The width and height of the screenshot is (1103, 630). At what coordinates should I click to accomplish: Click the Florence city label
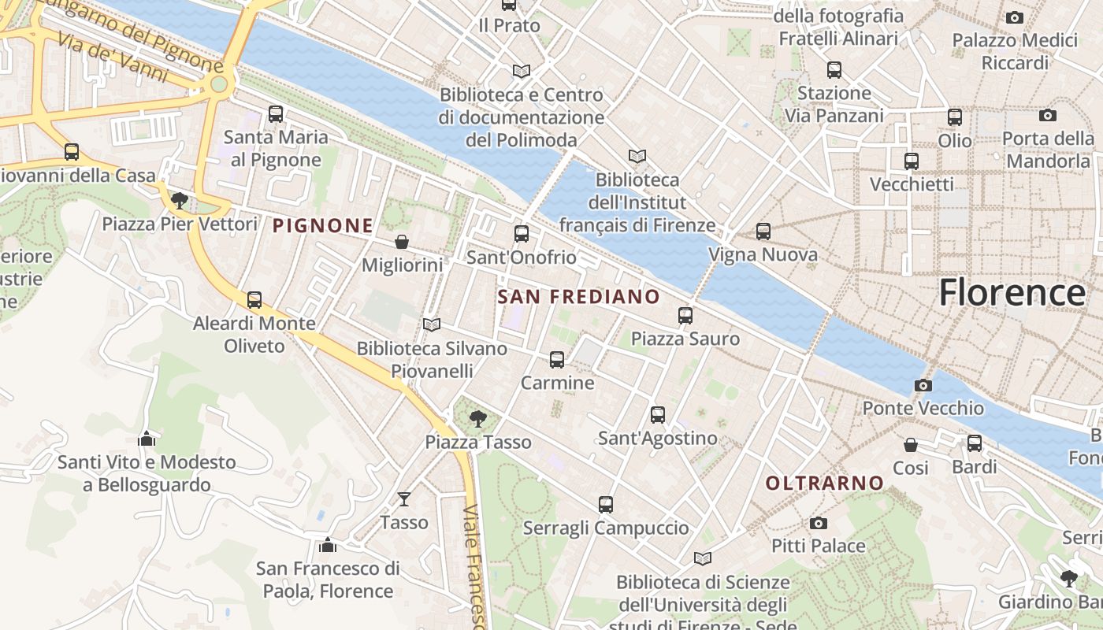(x=1012, y=293)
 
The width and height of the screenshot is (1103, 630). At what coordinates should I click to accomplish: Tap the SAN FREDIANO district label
(x=579, y=297)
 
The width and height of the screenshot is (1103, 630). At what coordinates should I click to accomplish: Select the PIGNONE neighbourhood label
(x=322, y=226)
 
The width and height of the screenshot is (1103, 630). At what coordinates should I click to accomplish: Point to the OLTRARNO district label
(x=825, y=483)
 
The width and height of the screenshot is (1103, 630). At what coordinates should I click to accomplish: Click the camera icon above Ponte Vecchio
(x=923, y=385)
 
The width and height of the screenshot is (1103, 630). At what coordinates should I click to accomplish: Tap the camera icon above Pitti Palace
(x=818, y=523)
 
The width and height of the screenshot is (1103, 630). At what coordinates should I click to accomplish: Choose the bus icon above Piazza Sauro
(x=685, y=316)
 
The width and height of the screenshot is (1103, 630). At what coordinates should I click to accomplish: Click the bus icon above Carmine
(x=557, y=360)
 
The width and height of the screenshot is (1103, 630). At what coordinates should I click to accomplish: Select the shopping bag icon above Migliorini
(x=402, y=242)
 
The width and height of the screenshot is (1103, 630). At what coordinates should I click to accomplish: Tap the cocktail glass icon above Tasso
(x=404, y=498)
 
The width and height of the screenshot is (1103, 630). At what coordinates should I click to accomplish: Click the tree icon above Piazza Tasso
(x=477, y=418)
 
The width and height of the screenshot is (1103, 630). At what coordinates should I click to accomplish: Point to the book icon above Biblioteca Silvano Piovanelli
(x=431, y=324)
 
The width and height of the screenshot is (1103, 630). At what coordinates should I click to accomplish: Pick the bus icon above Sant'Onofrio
(x=521, y=234)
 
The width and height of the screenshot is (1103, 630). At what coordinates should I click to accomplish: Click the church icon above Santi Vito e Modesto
(x=147, y=439)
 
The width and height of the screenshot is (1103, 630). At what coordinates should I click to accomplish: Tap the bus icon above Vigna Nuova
(x=763, y=232)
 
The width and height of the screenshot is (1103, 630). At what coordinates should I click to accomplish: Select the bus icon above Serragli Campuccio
(x=605, y=505)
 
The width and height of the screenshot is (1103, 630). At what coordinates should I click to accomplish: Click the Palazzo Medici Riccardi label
(x=1015, y=51)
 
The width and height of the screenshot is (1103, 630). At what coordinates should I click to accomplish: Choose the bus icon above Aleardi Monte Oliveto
(x=254, y=300)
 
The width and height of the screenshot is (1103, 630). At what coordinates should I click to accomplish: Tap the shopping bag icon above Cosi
(x=911, y=445)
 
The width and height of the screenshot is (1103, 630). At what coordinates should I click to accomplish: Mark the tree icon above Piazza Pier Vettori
(x=180, y=200)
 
